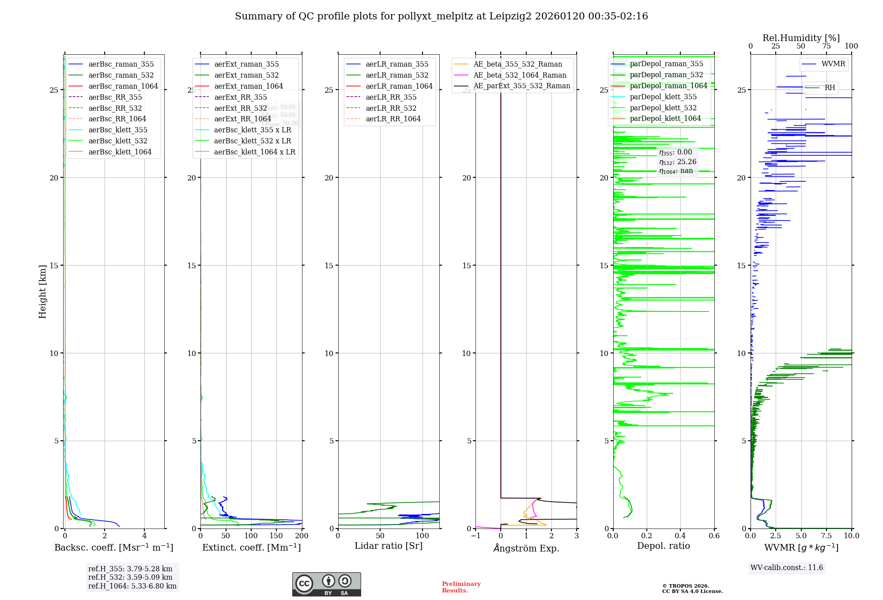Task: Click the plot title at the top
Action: (441, 16)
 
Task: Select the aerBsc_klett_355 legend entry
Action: (117, 130)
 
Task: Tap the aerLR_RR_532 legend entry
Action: (391, 108)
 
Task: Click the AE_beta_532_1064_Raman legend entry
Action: (520, 75)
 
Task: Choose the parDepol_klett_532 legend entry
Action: (663, 108)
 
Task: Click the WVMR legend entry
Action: (833, 64)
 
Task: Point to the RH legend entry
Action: (830, 88)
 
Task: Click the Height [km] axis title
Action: (42, 292)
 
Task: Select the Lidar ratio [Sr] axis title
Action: (389, 546)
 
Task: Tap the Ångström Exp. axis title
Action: (526, 548)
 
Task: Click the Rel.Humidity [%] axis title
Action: (801, 38)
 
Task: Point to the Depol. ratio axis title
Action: (663, 546)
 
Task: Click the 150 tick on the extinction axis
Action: (276, 536)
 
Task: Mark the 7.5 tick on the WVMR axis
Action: (826, 536)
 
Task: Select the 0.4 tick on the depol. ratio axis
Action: (680, 536)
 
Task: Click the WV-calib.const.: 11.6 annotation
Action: (787, 567)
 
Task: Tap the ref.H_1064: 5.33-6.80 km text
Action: (132, 586)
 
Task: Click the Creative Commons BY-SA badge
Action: (326, 584)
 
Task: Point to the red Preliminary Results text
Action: (461, 587)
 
